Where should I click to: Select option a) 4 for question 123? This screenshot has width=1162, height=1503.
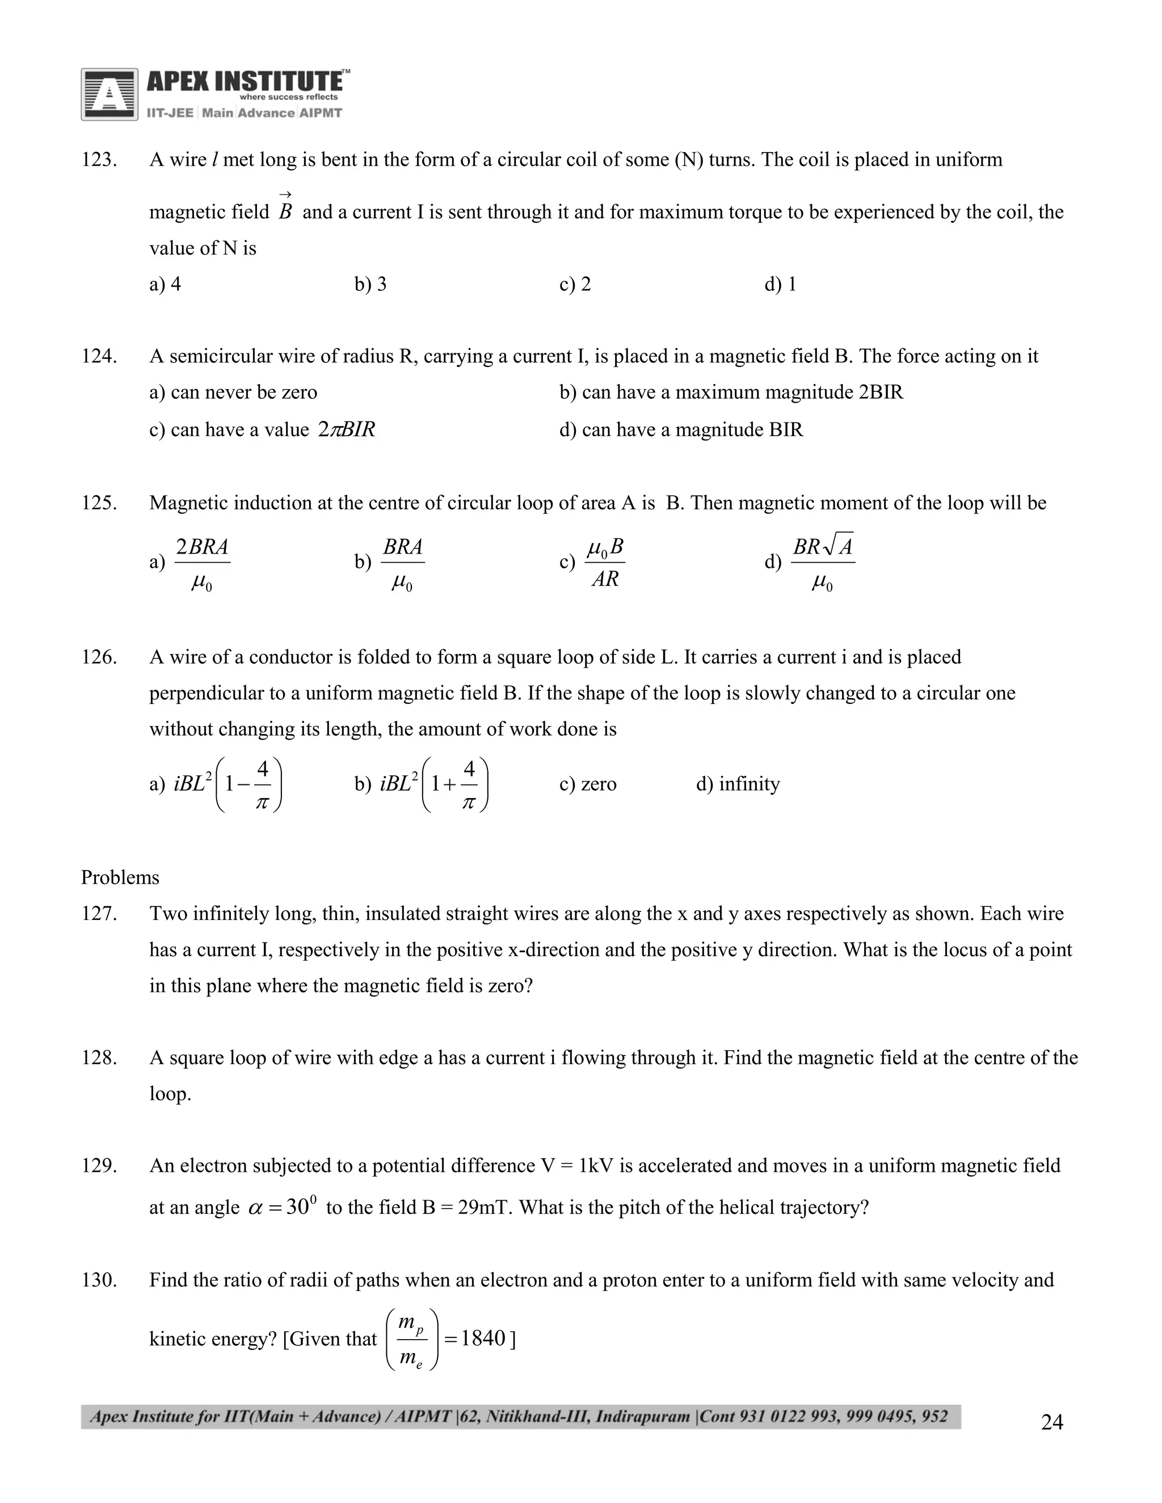(165, 284)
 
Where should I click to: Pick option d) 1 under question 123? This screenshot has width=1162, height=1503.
(780, 284)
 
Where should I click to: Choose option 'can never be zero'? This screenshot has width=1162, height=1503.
(233, 392)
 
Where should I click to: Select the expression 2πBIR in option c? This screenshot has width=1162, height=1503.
(347, 430)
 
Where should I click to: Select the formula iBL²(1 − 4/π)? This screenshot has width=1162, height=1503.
(229, 784)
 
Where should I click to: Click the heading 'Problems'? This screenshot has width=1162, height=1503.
(120, 878)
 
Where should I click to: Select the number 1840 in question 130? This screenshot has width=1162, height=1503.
(483, 1339)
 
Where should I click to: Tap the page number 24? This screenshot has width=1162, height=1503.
(1052, 1422)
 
